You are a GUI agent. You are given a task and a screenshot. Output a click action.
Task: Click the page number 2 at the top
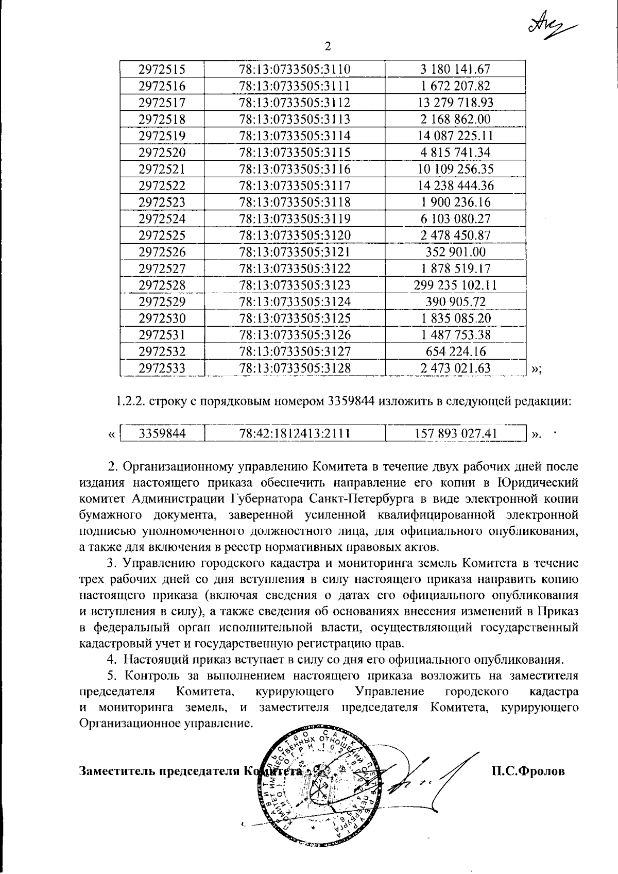pos(328,47)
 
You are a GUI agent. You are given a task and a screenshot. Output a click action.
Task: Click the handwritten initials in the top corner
pos(552,22)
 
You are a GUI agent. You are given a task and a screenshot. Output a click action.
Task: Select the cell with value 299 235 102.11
pos(455,285)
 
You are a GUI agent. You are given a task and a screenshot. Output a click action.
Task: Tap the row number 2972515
pos(162,69)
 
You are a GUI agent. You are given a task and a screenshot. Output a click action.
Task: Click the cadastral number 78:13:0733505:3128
pos(295,368)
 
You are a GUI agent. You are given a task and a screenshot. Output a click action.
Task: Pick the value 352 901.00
pos(455,252)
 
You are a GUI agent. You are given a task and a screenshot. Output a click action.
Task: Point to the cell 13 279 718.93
pos(455,103)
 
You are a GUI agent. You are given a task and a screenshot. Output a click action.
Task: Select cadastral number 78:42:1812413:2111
pos(295,433)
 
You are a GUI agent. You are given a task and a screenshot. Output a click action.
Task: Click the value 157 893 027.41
pos(455,433)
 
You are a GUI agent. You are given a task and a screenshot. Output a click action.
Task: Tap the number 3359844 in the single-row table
pos(162,433)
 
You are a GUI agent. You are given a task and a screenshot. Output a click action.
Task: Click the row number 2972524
pos(162,218)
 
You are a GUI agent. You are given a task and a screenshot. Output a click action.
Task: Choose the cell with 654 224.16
pos(455,351)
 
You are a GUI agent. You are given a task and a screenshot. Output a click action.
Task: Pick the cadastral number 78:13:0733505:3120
pos(295,236)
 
